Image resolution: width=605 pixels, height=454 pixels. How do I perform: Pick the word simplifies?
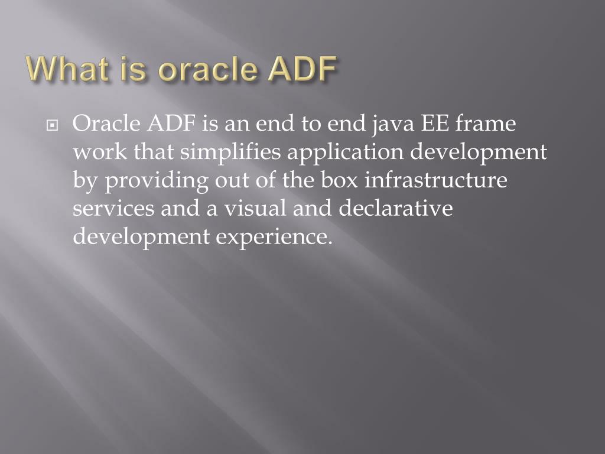coord(231,153)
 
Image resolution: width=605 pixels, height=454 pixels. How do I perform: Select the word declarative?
coord(395,209)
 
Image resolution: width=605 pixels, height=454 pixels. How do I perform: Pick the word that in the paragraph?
coord(154,153)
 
